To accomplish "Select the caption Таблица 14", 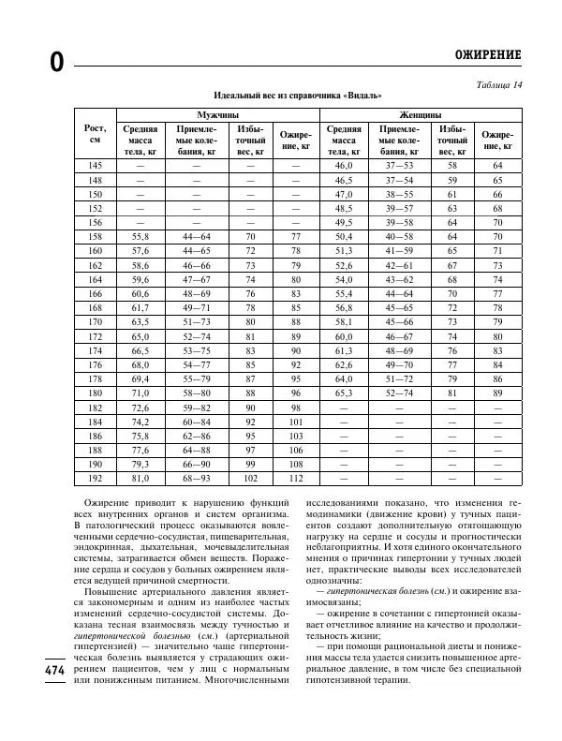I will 500,85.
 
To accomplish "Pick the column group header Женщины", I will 421,112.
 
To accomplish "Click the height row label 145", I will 95,165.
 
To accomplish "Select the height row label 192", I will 95,479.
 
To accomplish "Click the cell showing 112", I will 297,479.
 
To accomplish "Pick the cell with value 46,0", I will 343,165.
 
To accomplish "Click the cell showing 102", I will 251,479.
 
